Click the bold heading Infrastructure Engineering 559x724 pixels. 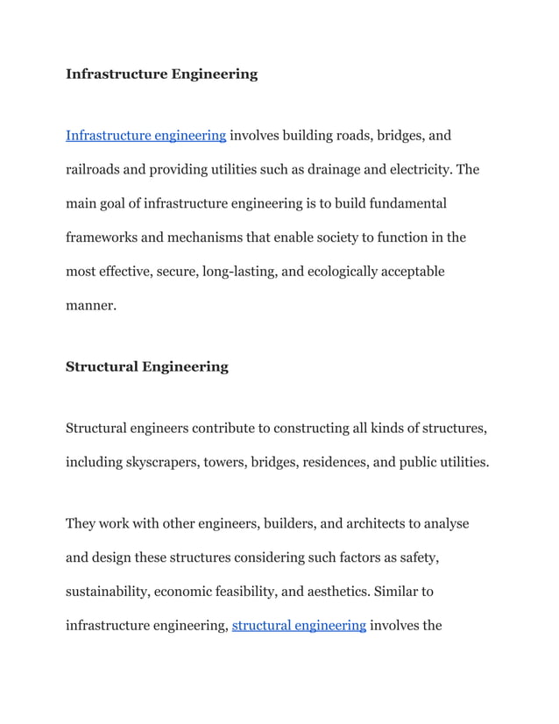tap(161, 75)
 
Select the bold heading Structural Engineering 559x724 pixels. tap(146, 366)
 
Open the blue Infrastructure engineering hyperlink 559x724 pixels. tap(146, 136)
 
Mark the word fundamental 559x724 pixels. tap(404, 203)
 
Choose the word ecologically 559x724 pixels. tap(340, 272)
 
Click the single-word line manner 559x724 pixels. tap(90, 306)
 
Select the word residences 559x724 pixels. tap(336, 462)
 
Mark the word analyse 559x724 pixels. tap(443, 524)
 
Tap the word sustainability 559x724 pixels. tap(108, 592)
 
